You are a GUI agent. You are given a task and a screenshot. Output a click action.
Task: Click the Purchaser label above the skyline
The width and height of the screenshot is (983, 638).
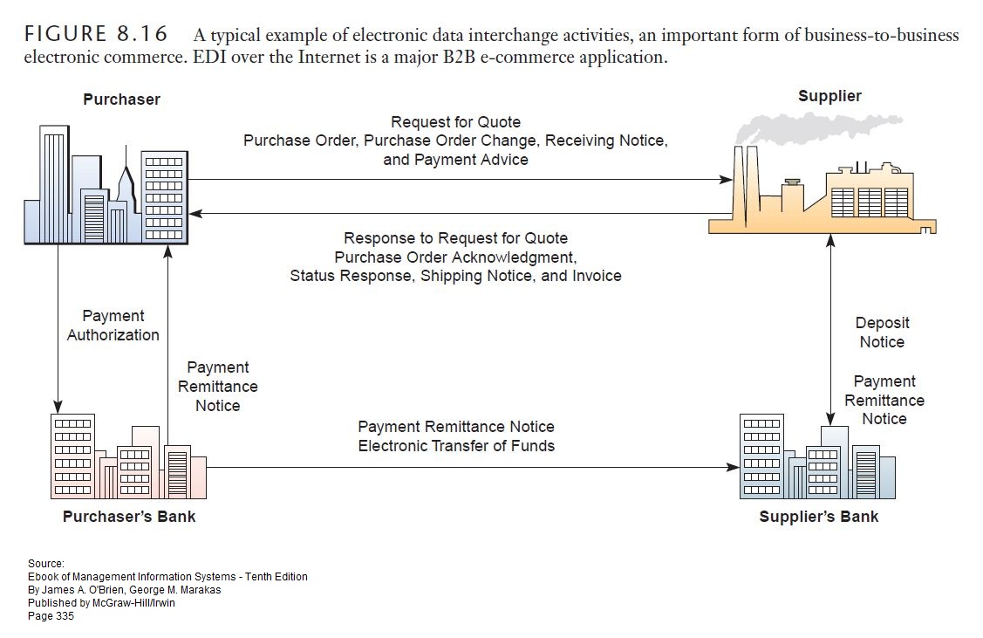[121, 99]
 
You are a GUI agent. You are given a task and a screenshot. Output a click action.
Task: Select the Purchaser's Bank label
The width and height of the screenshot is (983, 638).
[129, 516]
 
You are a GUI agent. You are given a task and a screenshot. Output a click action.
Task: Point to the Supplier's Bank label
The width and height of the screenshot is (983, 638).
[818, 517]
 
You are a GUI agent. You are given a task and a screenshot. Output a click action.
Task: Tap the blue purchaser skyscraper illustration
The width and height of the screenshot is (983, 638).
[105, 188]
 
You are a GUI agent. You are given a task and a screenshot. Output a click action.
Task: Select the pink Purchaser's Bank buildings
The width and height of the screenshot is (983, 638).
[126, 458]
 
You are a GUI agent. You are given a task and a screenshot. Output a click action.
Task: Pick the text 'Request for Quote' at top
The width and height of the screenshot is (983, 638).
[455, 122]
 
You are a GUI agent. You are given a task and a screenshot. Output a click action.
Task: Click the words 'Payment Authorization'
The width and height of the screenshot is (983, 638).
[113, 325]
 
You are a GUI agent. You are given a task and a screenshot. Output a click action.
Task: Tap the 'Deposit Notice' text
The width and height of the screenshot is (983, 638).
[882, 333]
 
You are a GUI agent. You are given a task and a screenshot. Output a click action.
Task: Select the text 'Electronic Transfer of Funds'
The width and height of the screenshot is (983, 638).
[455, 445]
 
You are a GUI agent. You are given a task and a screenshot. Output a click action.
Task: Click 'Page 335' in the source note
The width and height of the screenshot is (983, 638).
[51, 615]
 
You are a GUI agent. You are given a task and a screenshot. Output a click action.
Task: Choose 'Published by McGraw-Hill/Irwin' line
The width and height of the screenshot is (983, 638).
[103, 602]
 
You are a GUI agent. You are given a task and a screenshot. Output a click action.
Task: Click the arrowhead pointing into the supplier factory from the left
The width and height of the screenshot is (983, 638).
[726, 180]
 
